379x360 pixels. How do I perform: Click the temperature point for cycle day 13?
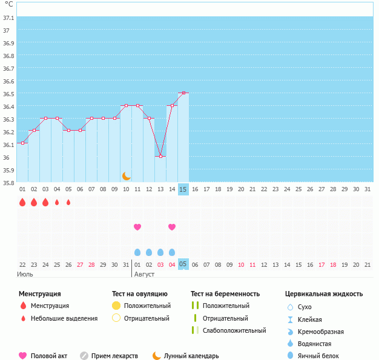pyautogui.click(x=160, y=156)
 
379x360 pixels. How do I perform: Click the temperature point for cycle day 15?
pyautogui.click(x=183, y=93)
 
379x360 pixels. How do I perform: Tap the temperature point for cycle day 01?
pyautogui.click(x=22, y=143)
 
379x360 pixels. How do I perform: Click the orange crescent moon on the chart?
pyautogui.click(x=126, y=176)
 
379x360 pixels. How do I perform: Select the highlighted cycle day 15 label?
pyautogui.click(x=183, y=189)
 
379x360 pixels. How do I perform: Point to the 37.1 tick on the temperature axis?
pyautogui.click(x=8, y=18)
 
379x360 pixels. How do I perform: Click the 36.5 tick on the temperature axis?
pyautogui.click(x=8, y=94)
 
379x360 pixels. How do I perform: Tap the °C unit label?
pyautogui.click(x=8, y=4)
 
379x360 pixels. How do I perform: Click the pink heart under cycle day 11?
pyautogui.click(x=137, y=227)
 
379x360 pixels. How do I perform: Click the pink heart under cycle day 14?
pyautogui.click(x=172, y=227)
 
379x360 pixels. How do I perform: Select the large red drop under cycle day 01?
pyautogui.click(x=22, y=202)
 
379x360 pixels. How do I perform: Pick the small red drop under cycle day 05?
pyautogui.click(x=68, y=202)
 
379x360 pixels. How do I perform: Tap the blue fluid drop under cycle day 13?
pyautogui.click(x=160, y=252)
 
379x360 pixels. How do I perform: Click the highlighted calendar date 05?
pyautogui.click(x=183, y=264)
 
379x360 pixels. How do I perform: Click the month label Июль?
pyautogui.click(x=25, y=275)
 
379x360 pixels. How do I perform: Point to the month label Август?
pyautogui.click(x=144, y=275)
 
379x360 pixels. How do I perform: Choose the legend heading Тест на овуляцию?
pyautogui.click(x=140, y=294)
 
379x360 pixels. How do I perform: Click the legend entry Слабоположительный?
pyautogui.click(x=234, y=330)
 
